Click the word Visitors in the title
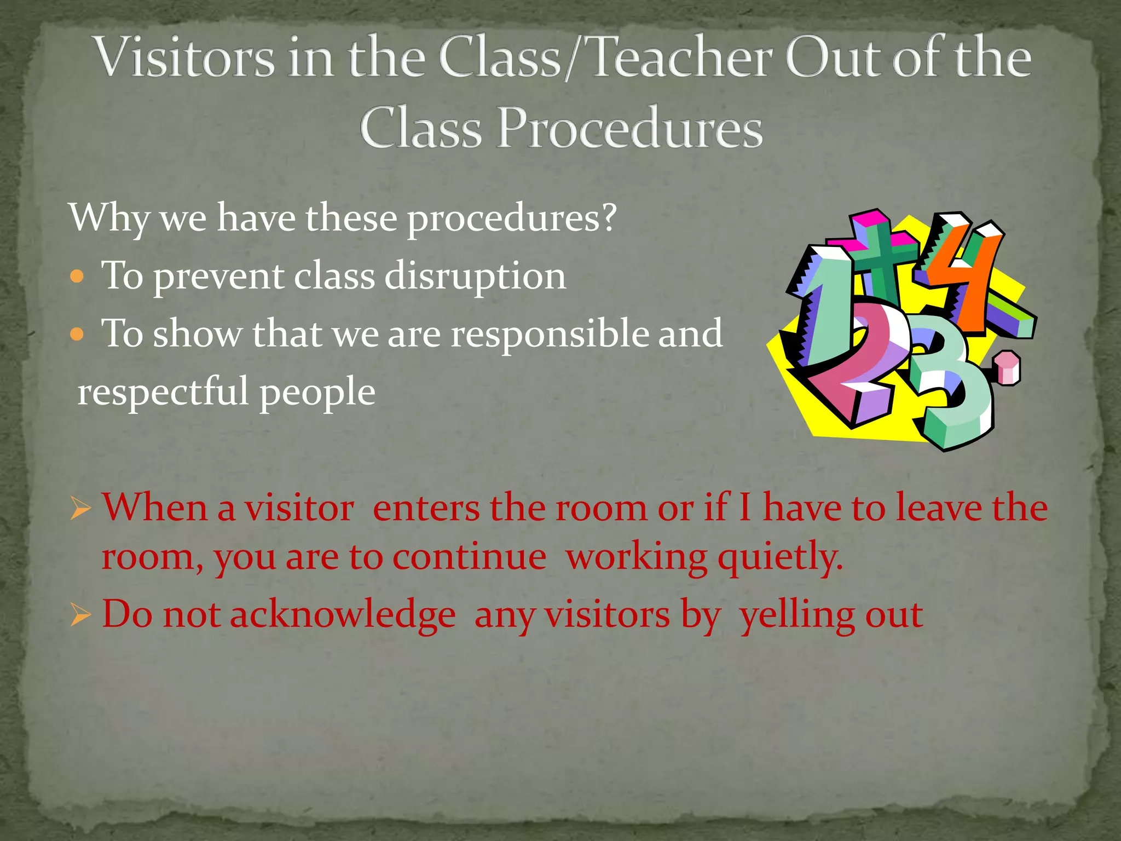click(185, 57)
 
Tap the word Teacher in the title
click(681, 57)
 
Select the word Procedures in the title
click(629, 129)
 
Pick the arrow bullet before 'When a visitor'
click(80, 509)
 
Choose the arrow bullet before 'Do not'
click(80, 615)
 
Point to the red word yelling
click(797, 615)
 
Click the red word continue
click(469, 557)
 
